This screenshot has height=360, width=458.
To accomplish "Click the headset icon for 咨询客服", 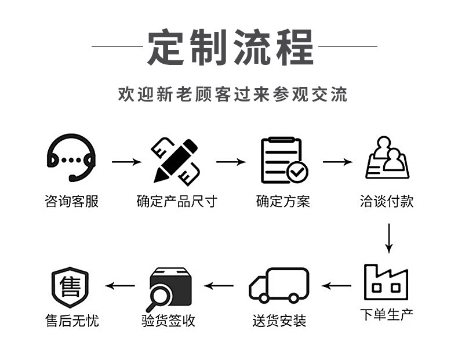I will pyautogui.click(x=71, y=158).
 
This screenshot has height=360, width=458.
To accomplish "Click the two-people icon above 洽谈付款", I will pyautogui.click(x=387, y=158).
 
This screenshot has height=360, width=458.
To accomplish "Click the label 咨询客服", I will pyautogui.click(x=71, y=201).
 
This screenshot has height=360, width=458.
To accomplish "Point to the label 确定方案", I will pyautogui.click(x=283, y=201).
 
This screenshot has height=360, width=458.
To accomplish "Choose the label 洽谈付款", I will pyautogui.click(x=387, y=201).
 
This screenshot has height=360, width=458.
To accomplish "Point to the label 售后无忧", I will pyautogui.click(x=71, y=320).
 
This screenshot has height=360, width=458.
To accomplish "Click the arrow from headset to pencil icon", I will pyautogui.click(x=126, y=161).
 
